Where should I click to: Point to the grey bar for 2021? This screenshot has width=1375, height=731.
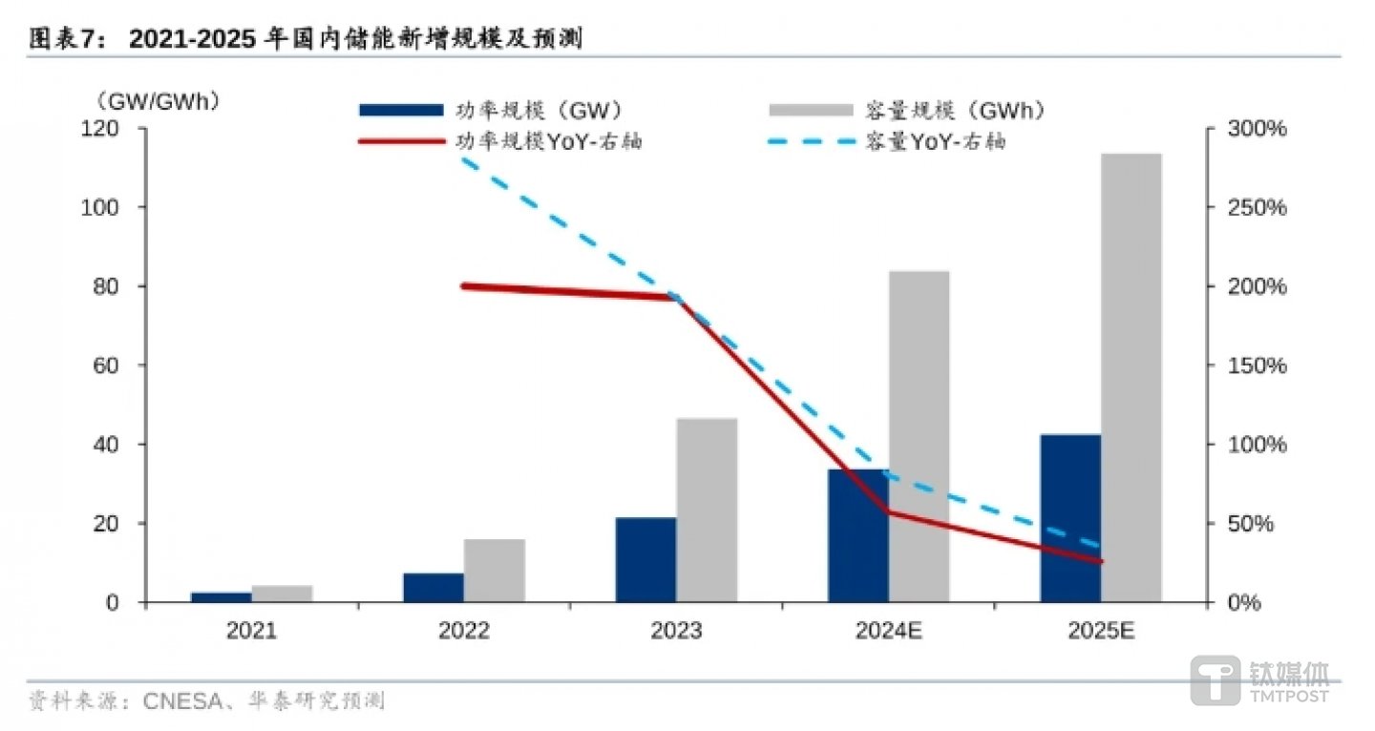[x=283, y=594]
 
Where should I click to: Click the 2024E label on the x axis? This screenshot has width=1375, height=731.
[x=888, y=632]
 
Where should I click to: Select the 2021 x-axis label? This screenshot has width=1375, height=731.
[x=252, y=632]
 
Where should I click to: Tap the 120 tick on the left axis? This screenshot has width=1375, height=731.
[x=118, y=129]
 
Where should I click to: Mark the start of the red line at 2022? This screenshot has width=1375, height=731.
[x=464, y=285]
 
